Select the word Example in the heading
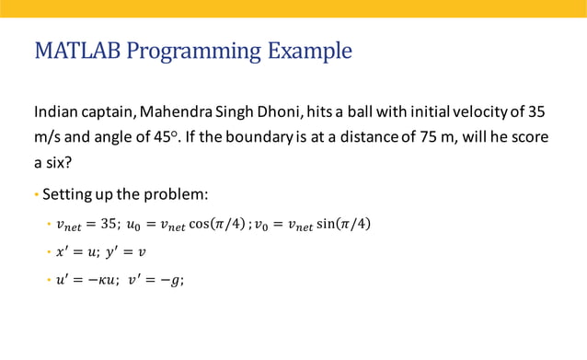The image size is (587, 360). tap(311, 51)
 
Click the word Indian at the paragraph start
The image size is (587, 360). tap(58, 112)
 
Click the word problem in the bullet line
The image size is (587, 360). tap(179, 194)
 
